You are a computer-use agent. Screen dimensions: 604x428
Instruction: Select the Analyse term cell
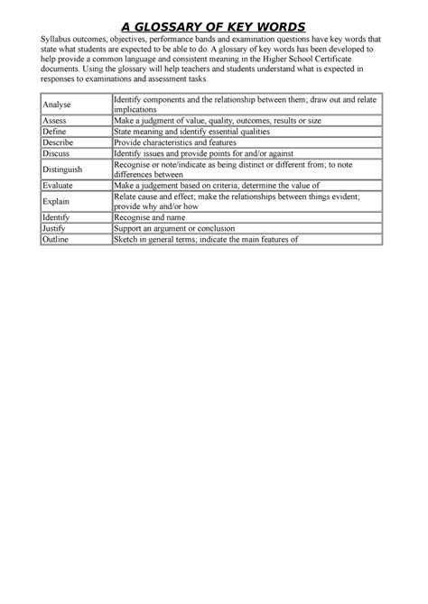(57, 105)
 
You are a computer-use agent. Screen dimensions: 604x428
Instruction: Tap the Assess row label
(55, 119)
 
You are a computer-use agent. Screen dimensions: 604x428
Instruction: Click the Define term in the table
(55, 131)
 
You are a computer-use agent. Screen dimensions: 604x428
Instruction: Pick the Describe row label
(59, 142)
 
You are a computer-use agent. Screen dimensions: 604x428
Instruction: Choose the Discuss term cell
(57, 154)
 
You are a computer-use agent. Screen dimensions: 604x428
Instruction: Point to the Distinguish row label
(62, 169)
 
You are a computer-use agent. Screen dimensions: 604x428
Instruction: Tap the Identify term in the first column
(58, 217)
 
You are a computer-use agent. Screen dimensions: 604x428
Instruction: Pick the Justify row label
(56, 229)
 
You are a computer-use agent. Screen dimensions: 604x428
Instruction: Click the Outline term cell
(57, 241)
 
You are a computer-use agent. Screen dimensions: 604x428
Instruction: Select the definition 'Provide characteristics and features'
(172, 142)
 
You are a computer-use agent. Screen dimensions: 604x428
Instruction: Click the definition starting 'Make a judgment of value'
(212, 119)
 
